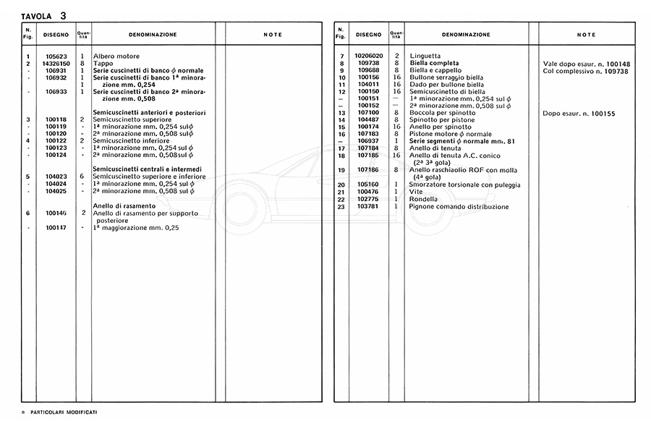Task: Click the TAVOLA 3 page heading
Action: point(45,14)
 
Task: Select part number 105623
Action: point(56,56)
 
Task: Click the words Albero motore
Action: point(116,56)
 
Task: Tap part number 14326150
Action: point(56,64)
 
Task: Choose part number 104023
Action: point(56,177)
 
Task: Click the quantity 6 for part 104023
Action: point(83,177)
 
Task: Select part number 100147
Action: point(56,228)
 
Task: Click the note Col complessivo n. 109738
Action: point(586,71)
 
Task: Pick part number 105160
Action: point(367,185)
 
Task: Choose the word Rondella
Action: point(423,200)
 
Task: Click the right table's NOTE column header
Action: point(586,35)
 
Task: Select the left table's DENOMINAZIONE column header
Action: point(153,35)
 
